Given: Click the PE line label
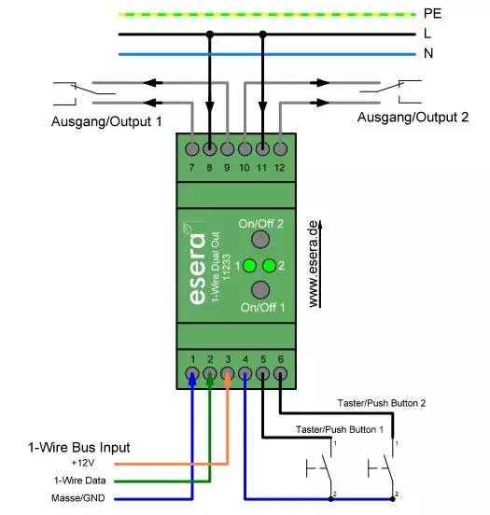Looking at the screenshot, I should pos(432,14).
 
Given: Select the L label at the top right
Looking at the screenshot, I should pos(427,34).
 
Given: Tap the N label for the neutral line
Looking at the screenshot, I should pos(428,53).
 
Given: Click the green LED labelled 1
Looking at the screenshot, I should pos(250,265).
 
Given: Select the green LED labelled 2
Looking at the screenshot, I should pos(269,265).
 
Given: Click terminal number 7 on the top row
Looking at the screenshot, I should pos(192,147).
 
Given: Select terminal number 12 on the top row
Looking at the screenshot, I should pos(280,147).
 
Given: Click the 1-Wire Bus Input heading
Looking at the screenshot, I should pos(91,448).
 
